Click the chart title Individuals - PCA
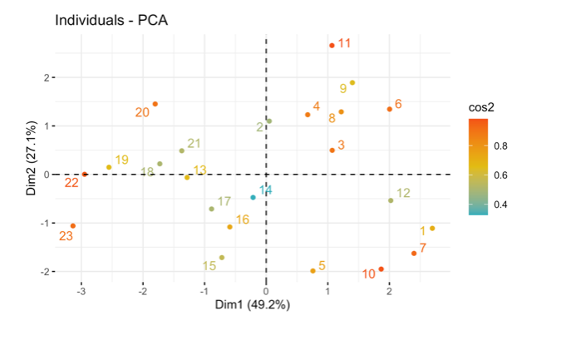(111, 19)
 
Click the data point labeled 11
(332, 45)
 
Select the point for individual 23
(73, 225)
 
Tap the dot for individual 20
(155, 104)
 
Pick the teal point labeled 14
(253, 197)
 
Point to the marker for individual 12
(391, 200)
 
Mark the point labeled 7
(414, 254)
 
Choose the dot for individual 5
(312, 271)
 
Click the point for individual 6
(389, 109)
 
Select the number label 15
(209, 266)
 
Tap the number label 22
(72, 182)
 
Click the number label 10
(369, 274)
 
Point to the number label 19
(122, 160)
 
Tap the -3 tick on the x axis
(81, 291)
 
